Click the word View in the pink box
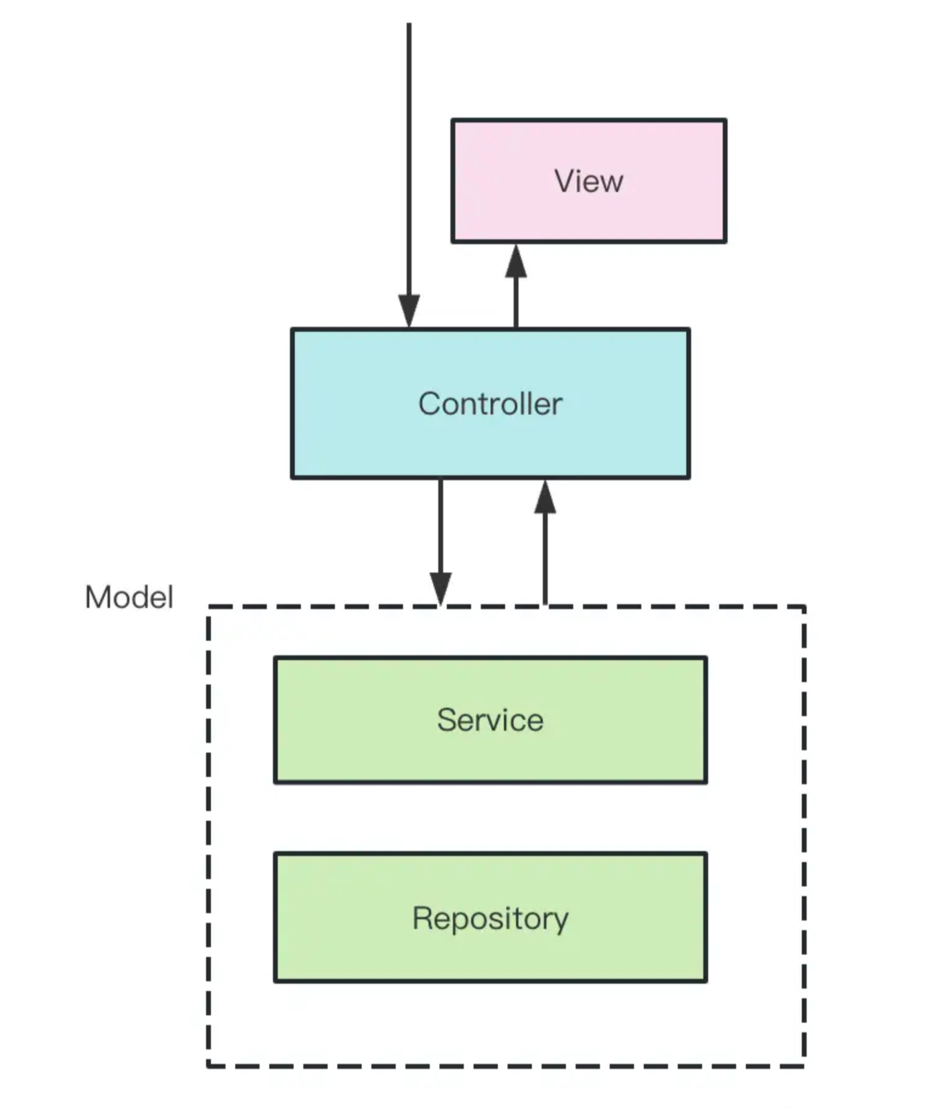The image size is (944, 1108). pos(588,181)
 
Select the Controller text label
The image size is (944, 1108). pos(490,403)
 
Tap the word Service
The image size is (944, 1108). pos(490,719)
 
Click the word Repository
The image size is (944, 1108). pos(490,918)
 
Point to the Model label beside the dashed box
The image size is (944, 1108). pos(129,597)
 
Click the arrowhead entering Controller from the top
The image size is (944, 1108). pos(409,311)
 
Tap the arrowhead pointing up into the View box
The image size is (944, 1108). pos(515,261)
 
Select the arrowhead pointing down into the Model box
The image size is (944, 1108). pos(440,589)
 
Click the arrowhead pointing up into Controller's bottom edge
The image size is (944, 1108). pos(545,497)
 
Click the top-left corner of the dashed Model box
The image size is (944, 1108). pos(208,606)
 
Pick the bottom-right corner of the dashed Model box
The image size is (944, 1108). pos(804,1065)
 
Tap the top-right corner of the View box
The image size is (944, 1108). pos(725,120)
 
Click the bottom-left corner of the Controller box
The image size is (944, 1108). pos(293,477)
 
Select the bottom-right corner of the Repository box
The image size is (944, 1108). pos(706,980)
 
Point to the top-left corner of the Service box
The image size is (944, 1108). pos(275,658)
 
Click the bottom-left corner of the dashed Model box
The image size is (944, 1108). pos(208,1065)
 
